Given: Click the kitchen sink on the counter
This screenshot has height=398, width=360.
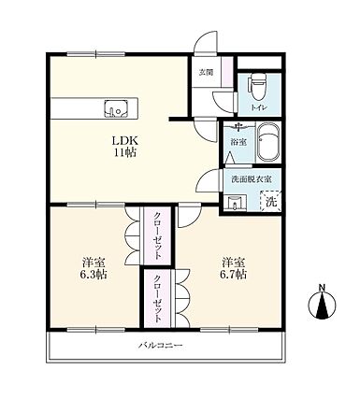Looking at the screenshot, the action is tap(116, 108).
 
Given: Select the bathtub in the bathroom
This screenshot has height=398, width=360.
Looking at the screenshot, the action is tap(268, 142).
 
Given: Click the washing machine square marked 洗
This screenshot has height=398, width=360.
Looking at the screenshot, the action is tap(271, 201).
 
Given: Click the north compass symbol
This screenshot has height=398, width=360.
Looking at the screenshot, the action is tap(323, 302).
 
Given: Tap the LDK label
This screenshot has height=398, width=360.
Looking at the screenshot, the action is tap(125, 140).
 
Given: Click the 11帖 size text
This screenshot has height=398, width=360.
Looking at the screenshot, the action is tap(125, 152).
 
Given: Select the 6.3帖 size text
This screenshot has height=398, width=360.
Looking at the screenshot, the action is tap(94, 275).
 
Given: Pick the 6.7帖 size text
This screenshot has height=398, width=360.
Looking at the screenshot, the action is tap(234, 275).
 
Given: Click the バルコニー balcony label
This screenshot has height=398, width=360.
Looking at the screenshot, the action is tap(161, 346).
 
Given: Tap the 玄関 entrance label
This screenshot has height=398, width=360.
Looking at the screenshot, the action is tap(206, 73).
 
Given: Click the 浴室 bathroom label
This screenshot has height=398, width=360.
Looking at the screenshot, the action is tap(238, 142).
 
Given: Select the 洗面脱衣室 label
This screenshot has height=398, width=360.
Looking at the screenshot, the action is tap(252, 179).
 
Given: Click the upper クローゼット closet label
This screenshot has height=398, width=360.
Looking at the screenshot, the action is tap(158, 235).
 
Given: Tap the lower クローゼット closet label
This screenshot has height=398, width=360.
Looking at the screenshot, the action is tap(158, 298).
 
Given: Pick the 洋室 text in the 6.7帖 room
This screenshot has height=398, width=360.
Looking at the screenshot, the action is tap(234, 263).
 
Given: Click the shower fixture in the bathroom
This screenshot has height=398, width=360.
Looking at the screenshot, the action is tap(239, 126).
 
